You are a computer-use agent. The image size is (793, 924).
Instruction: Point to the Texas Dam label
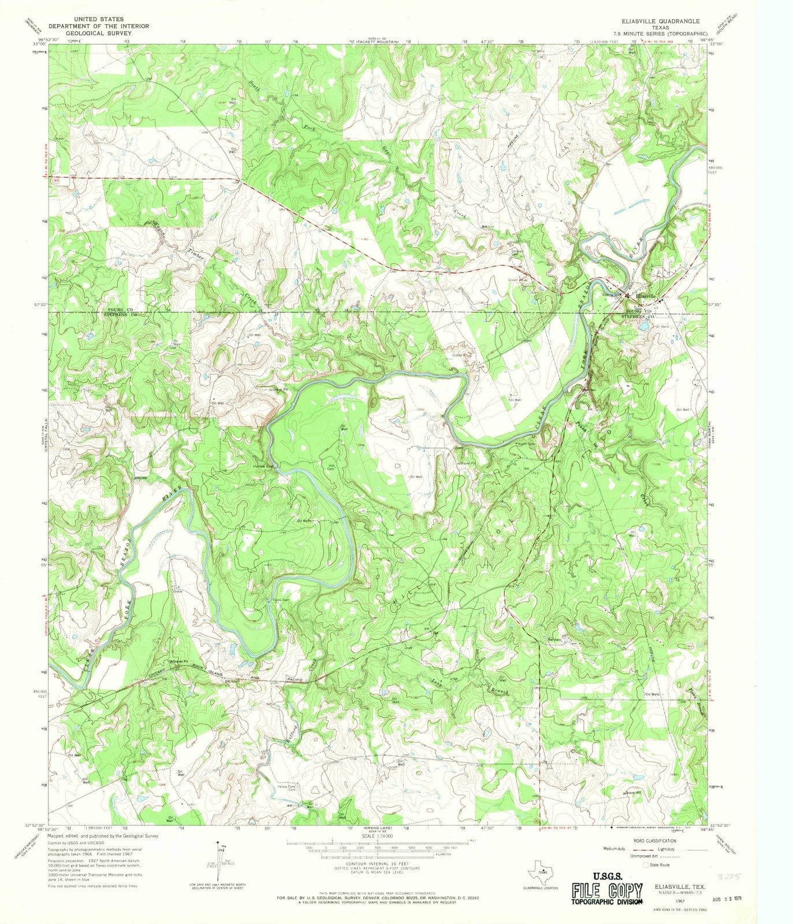point(281,600)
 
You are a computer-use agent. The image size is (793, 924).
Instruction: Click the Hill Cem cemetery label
point(332,468)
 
